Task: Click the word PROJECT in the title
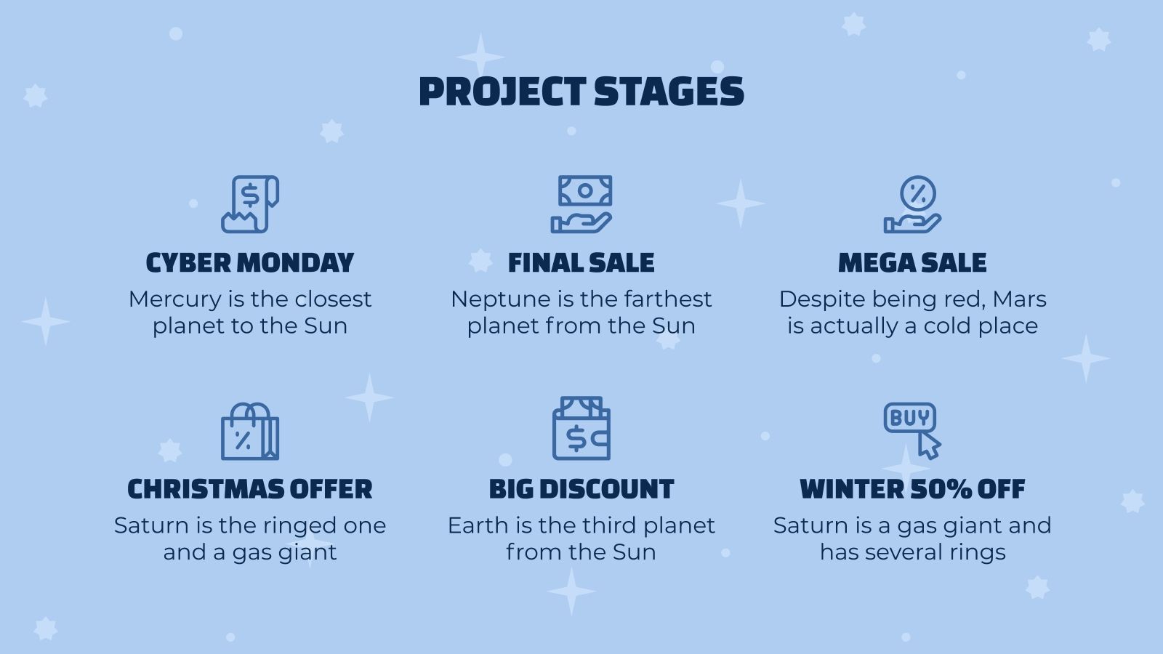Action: coord(502,92)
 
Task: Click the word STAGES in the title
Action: coord(669,92)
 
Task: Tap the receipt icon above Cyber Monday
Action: coord(250,204)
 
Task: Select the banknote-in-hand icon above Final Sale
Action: coord(581,204)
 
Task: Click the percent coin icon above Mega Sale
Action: coord(913,204)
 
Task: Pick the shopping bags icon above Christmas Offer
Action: coord(250,432)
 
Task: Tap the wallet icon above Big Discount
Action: coord(581,429)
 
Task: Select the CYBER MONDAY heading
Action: coord(250,262)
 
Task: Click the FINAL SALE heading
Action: coord(581,262)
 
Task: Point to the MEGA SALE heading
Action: coord(913,262)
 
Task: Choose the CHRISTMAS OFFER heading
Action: coord(250,489)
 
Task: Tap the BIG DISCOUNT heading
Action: coord(581,489)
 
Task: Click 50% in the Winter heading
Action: coord(941,489)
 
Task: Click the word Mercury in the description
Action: coord(175,299)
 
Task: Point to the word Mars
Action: coord(1020,299)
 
